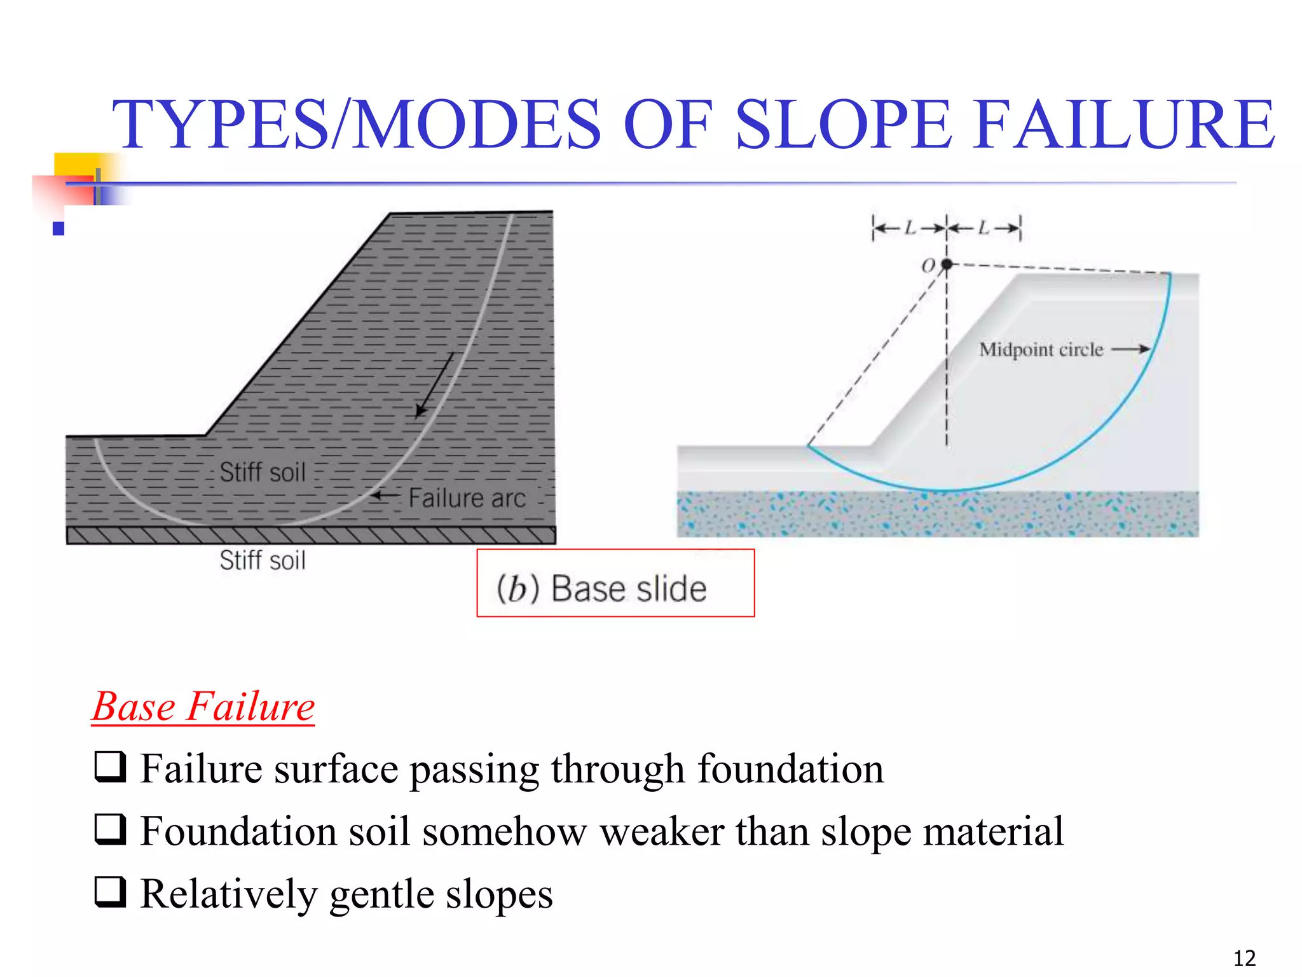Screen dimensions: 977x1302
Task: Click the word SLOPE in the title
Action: (842, 124)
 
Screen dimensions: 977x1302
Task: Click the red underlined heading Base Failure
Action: (203, 707)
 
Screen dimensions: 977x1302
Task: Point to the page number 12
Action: (1244, 958)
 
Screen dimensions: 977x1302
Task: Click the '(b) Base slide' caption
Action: (601, 588)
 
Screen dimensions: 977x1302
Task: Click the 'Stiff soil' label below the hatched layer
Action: (263, 560)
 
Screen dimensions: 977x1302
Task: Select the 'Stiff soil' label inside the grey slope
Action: (263, 472)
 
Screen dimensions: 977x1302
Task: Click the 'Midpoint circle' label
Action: (1041, 350)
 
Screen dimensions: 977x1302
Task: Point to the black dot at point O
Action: (947, 264)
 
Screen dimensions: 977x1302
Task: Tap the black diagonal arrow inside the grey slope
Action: (435, 385)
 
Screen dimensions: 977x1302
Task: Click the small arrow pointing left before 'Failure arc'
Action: (385, 495)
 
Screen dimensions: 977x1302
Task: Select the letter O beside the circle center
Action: (929, 265)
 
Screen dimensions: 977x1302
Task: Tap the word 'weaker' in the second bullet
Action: (661, 831)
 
